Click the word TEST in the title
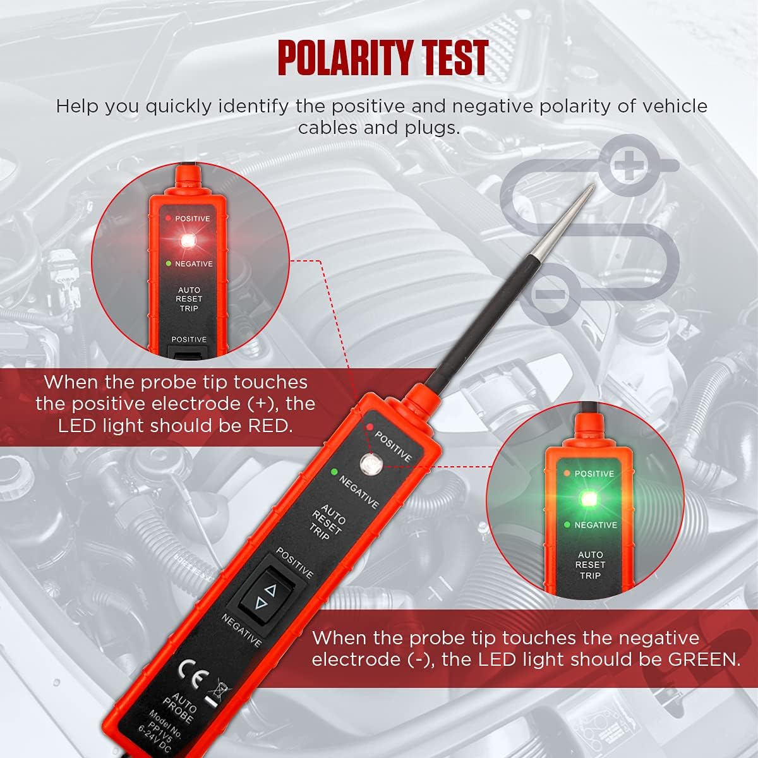pyautogui.click(x=456, y=58)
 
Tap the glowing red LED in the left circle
pyautogui.click(x=188, y=241)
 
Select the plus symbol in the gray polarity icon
pyautogui.click(x=628, y=165)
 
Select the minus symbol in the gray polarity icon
pyautogui.click(x=549, y=293)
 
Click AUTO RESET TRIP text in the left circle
pyautogui.click(x=189, y=299)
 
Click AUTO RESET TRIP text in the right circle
pyautogui.click(x=591, y=565)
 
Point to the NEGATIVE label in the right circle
pyautogui.click(x=595, y=525)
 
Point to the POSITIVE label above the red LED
pyautogui.click(x=192, y=219)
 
